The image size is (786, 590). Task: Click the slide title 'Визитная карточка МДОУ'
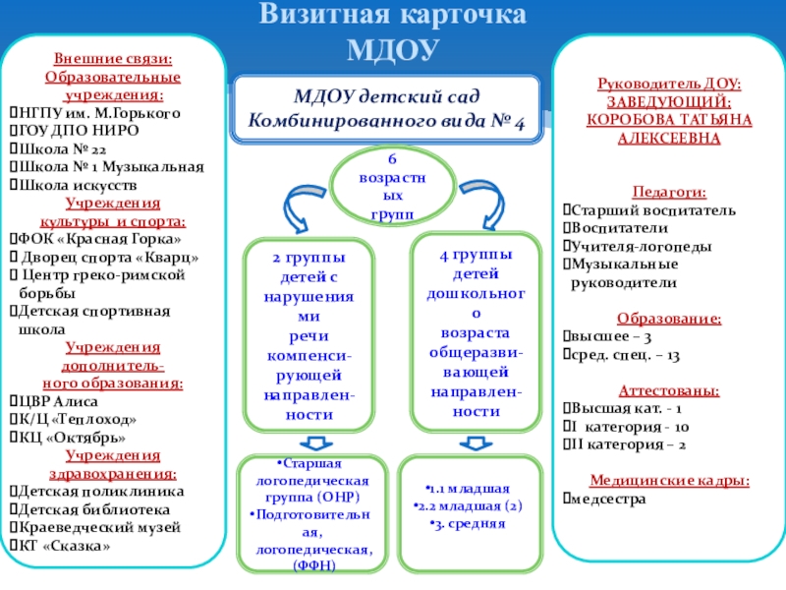[x=391, y=31]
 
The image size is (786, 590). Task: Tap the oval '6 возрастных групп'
[x=392, y=184]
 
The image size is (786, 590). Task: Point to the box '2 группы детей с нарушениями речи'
[x=309, y=335]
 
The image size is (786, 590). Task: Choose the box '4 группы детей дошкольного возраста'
[x=475, y=333]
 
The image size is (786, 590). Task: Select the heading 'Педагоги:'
[x=668, y=193]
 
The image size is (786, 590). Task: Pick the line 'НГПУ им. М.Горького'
[x=98, y=112]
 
